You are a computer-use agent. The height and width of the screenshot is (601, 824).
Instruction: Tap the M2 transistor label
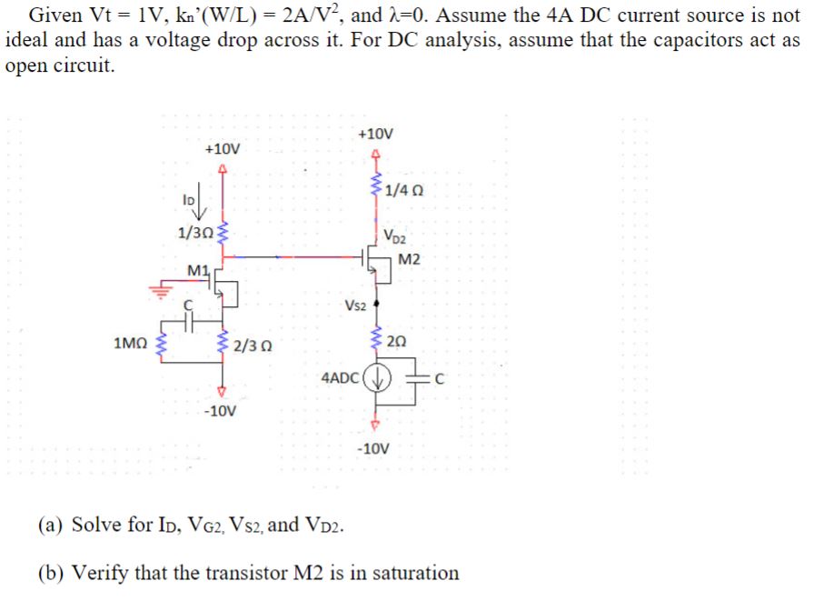[x=410, y=261]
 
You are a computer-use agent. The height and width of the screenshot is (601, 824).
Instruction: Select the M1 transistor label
[x=196, y=270]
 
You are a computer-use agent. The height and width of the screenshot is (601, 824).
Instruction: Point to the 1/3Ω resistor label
[x=194, y=232]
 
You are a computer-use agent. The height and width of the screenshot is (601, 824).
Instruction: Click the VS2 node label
[x=355, y=305]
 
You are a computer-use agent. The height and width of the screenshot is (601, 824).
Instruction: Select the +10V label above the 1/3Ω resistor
[x=223, y=148]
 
